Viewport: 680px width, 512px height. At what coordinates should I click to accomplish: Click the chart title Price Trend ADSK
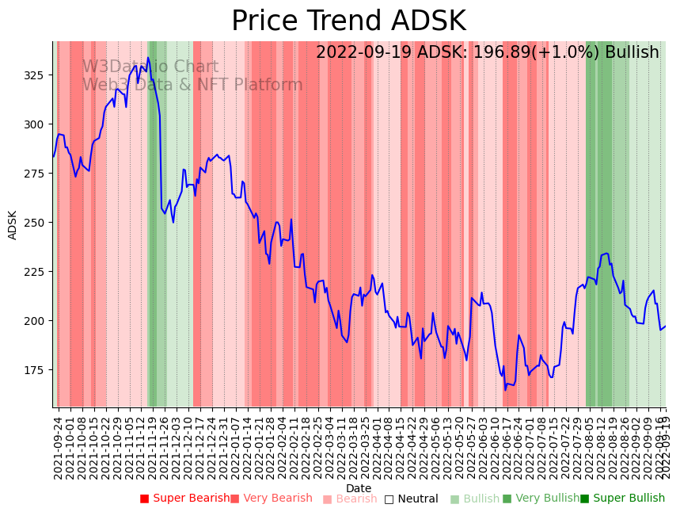348,21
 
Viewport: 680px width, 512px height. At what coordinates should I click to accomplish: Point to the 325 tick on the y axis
36,74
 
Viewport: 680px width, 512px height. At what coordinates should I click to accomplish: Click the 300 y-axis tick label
36,124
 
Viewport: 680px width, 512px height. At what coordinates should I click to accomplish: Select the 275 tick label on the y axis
36,174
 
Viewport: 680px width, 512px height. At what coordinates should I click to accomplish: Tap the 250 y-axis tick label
36,223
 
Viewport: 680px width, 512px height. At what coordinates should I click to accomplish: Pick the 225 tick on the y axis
36,272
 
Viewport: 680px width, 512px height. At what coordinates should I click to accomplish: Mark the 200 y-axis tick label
36,321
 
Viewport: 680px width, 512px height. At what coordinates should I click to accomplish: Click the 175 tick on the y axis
36,370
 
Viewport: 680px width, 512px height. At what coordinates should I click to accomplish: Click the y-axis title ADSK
13,224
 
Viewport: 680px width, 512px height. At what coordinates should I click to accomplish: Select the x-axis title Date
359,489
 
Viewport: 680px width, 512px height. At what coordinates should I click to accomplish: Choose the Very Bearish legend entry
272,499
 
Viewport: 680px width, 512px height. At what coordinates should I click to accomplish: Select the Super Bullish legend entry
623,499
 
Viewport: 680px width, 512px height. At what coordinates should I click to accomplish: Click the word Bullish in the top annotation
632,53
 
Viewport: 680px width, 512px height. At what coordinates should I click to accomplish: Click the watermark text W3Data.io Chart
150,67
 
